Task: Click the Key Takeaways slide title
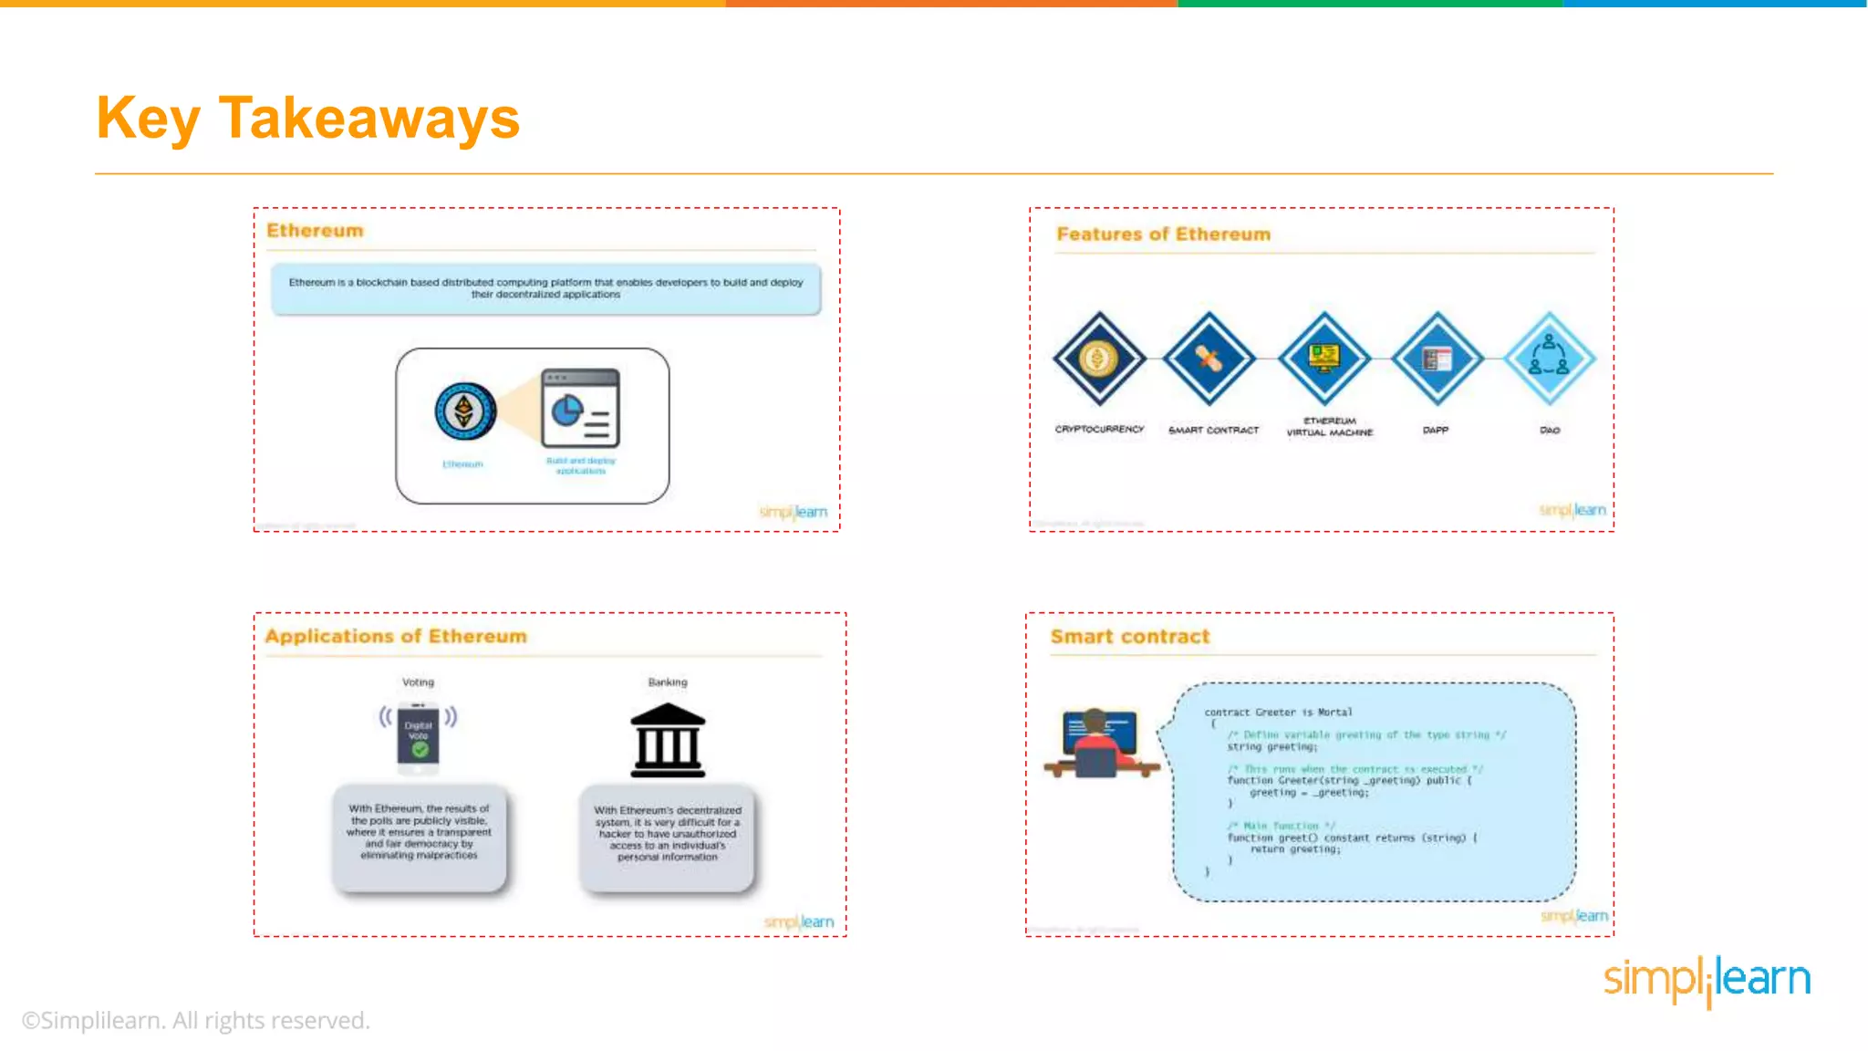pyautogui.click(x=307, y=119)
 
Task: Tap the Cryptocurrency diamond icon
pyautogui.click(x=1099, y=359)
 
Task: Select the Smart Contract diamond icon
pyautogui.click(x=1209, y=359)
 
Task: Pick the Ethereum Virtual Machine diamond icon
pyautogui.click(x=1324, y=359)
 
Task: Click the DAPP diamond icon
pyautogui.click(x=1437, y=359)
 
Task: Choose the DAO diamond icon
pyautogui.click(x=1549, y=359)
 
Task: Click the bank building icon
pyautogui.click(x=668, y=740)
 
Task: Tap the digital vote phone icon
pyautogui.click(x=419, y=735)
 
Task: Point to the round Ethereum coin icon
pyautogui.click(x=465, y=411)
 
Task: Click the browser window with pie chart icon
pyautogui.click(x=580, y=408)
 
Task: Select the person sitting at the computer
pyautogui.click(x=1099, y=744)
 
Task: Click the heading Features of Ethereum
pyautogui.click(x=1163, y=234)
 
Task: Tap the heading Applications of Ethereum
pyautogui.click(x=396, y=636)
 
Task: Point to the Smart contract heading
pyautogui.click(x=1129, y=637)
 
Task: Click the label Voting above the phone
pyautogui.click(x=419, y=682)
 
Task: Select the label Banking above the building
pyautogui.click(x=668, y=682)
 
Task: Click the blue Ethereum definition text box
pyautogui.click(x=545, y=288)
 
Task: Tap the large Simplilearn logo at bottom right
pyautogui.click(x=1707, y=980)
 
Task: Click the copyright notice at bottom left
pyautogui.click(x=196, y=1020)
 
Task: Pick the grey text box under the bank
pyautogui.click(x=668, y=835)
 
